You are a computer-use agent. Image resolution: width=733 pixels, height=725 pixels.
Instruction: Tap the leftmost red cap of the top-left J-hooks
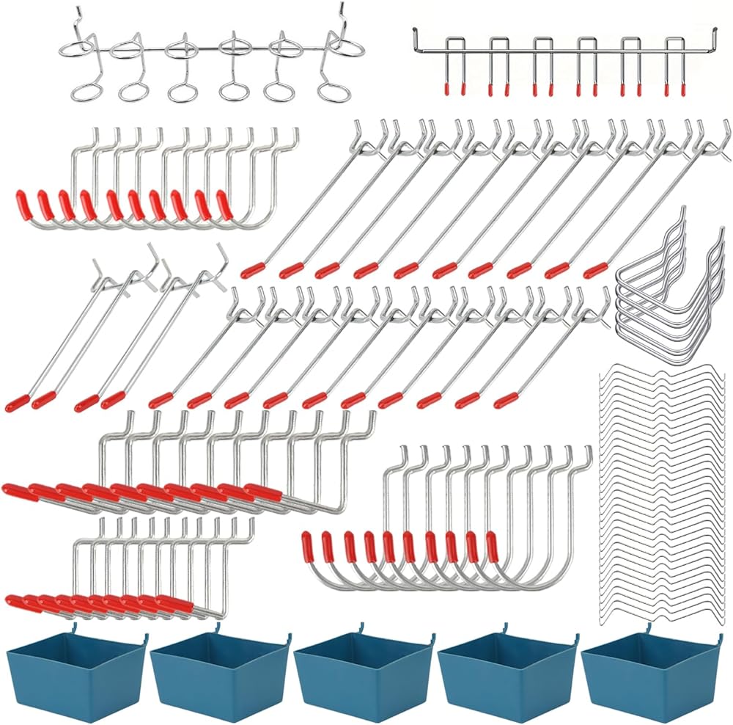[22, 200]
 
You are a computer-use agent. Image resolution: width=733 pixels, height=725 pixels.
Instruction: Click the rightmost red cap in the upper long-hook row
[596, 269]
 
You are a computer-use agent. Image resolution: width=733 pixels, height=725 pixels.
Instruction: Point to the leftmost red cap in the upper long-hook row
[253, 269]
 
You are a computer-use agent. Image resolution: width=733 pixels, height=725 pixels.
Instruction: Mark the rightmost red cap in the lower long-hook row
[505, 400]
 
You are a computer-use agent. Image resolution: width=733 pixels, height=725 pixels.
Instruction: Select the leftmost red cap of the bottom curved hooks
[309, 544]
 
